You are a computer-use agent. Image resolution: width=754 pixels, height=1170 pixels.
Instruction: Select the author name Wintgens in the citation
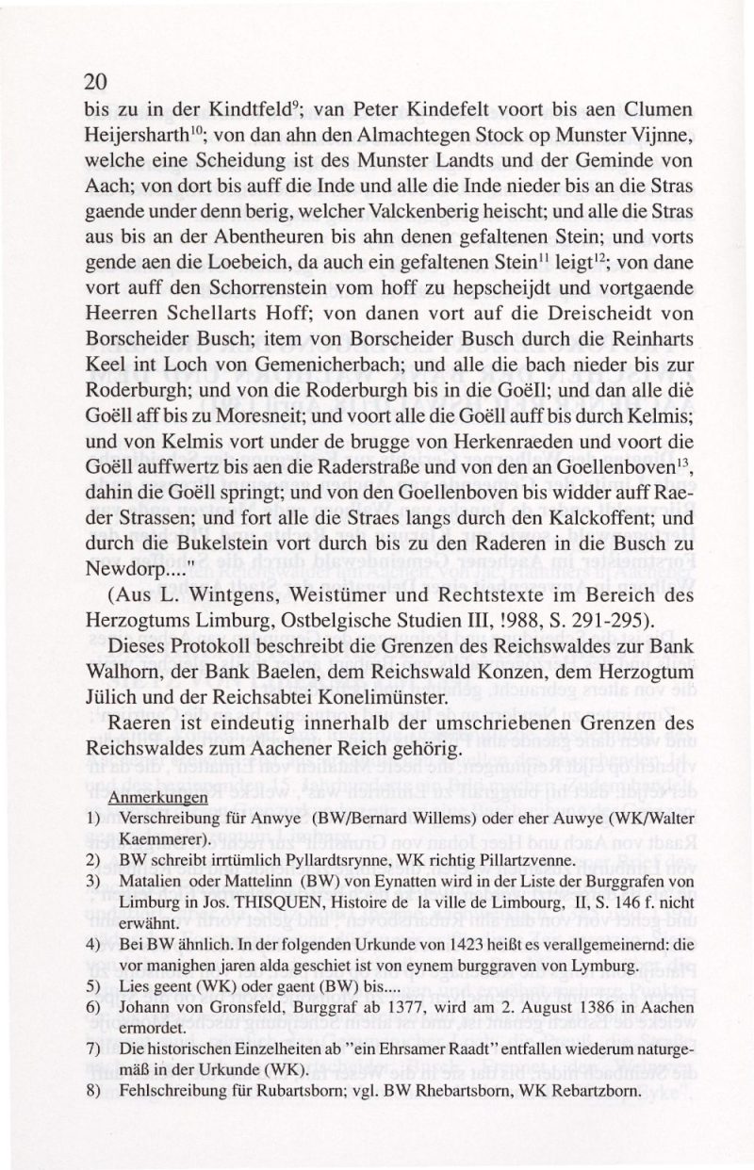[230, 595]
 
